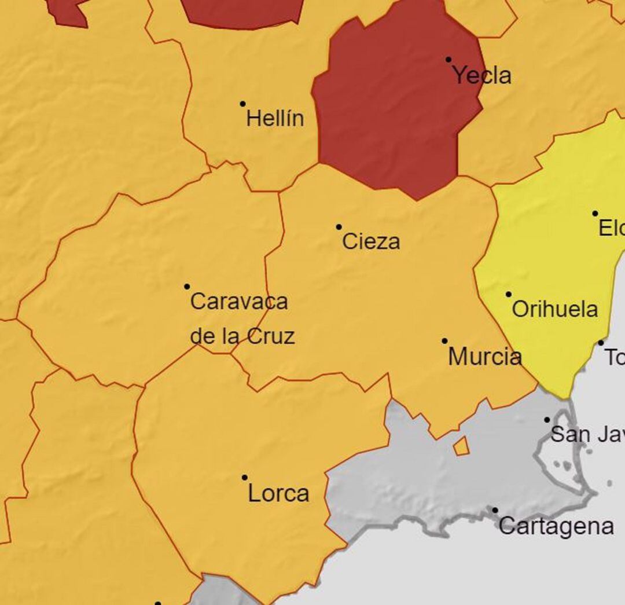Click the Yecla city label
click(481, 76)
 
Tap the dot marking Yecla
click(448, 60)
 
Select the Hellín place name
click(275, 119)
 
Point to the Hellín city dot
click(242, 104)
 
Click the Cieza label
click(371, 241)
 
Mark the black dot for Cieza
click(339, 227)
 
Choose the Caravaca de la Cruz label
click(242, 318)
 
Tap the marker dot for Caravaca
click(187, 287)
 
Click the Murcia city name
click(484, 357)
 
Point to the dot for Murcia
click(444, 341)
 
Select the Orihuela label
click(554, 309)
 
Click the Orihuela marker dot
click(509, 294)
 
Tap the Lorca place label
click(278, 494)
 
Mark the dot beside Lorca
click(245, 478)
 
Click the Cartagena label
click(556, 526)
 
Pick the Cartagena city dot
click(495, 510)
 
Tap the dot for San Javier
click(547, 419)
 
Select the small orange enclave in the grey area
click(461, 446)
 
